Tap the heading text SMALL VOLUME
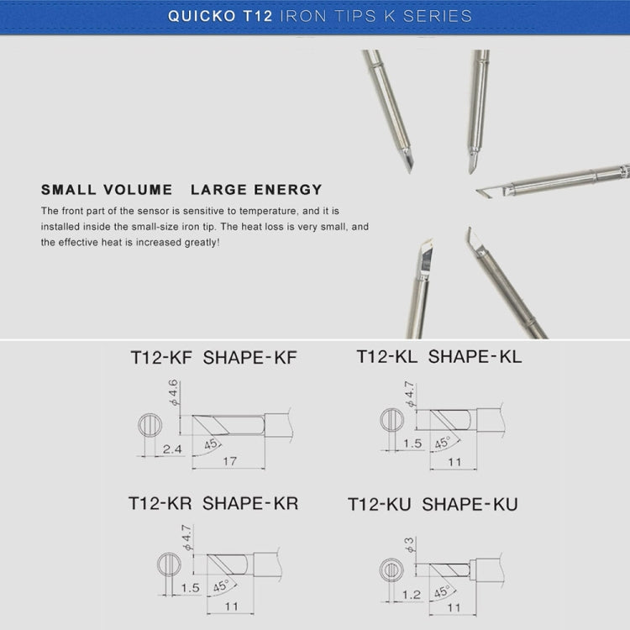[107, 190]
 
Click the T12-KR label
[160, 503]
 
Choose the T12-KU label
[381, 504]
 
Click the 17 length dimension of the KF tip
[228, 461]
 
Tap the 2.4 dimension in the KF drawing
[171, 450]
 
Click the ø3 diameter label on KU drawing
[410, 547]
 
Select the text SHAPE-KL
[475, 356]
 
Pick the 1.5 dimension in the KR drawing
[190, 589]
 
